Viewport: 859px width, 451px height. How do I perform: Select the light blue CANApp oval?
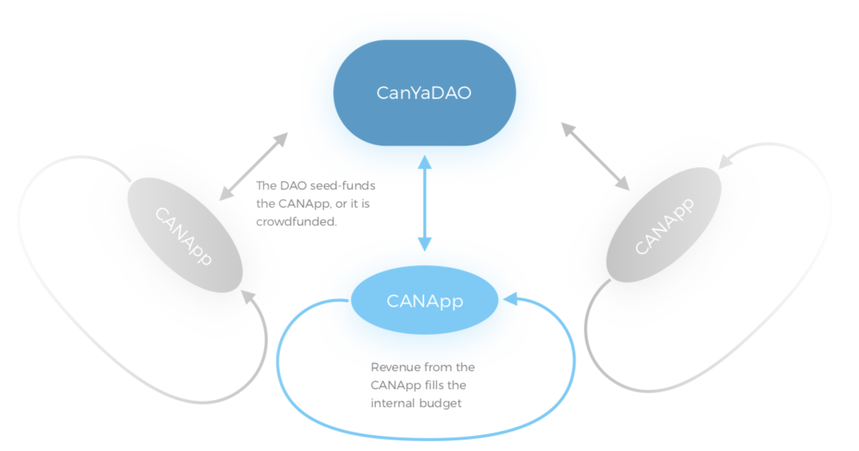coord(424,300)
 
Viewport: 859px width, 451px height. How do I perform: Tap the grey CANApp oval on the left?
coord(184,236)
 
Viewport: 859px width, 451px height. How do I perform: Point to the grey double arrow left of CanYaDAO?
coord(253,166)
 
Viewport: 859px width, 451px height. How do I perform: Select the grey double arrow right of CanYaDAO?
coord(595,157)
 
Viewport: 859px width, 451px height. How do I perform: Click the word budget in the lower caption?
coord(442,403)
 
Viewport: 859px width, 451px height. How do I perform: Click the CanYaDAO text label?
coord(424,93)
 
